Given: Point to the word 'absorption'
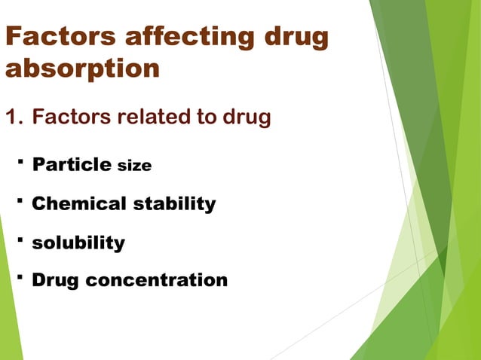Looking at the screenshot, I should [x=83, y=69].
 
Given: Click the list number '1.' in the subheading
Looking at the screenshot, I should [x=14, y=118].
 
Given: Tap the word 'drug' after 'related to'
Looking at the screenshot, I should [x=245, y=118].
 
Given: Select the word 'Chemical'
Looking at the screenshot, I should [x=80, y=203].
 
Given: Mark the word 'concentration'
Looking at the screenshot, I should [x=156, y=281].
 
